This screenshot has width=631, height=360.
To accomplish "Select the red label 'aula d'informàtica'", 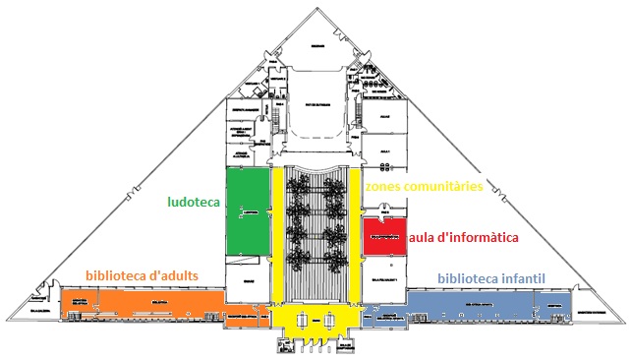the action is click(x=463, y=237).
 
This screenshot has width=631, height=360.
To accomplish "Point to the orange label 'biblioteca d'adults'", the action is click(x=143, y=273).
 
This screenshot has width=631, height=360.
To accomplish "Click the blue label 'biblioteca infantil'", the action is click(x=490, y=278).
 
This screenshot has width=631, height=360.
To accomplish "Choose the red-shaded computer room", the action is click(x=384, y=237).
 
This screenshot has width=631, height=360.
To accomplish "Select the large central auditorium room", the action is click(x=315, y=103).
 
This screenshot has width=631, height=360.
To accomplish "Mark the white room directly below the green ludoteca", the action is click(x=246, y=274).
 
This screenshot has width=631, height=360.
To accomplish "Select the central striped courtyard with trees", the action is click(x=315, y=226).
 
